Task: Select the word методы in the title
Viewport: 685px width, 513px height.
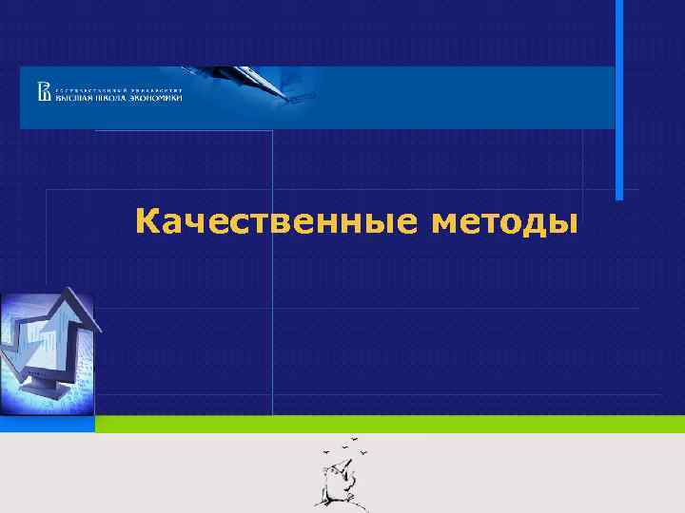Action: [x=504, y=223]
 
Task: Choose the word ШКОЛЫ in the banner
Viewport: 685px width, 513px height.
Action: [x=112, y=97]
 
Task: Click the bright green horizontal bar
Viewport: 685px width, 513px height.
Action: [x=390, y=425]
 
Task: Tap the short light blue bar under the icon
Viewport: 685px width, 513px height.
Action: [x=48, y=425]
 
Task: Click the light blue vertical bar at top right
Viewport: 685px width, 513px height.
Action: [x=619, y=100]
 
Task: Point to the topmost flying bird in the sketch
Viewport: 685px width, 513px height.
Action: [x=354, y=439]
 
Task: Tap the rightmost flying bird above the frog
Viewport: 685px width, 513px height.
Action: [x=362, y=452]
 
